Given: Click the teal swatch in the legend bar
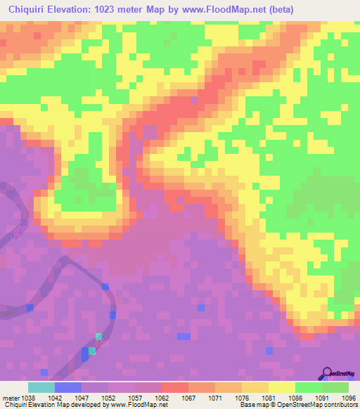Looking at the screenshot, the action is click(41, 387).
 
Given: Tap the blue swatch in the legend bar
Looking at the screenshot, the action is click(68, 387).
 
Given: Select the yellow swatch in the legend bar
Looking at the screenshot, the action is click(282, 387).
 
